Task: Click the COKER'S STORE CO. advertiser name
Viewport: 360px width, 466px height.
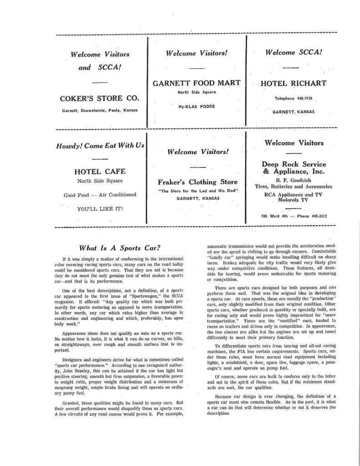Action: (100, 98)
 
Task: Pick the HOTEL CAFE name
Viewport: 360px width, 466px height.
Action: (100, 172)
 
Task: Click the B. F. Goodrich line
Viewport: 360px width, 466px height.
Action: (294, 179)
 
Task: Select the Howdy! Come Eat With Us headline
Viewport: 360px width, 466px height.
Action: (100, 146)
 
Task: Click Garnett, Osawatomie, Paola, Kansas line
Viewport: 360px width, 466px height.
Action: (100, 111)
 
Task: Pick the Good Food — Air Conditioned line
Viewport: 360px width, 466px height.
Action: (100, 195)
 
